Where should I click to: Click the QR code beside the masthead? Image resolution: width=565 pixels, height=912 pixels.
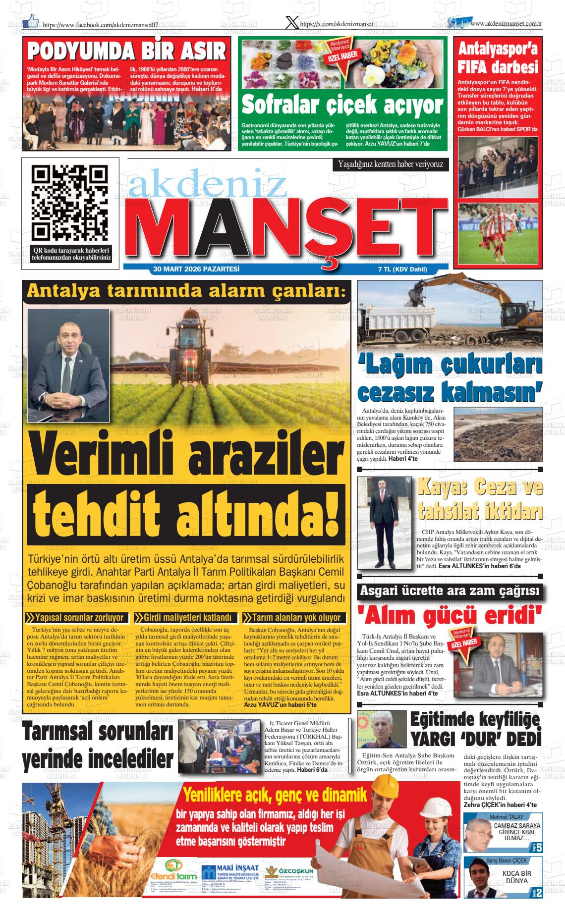(70, 203)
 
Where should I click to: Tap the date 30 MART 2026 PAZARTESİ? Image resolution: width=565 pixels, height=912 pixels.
(197, 269)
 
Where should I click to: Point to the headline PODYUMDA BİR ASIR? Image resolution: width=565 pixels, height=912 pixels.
(127, 52)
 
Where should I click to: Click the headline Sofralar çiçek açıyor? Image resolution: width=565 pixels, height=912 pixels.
(342, 105)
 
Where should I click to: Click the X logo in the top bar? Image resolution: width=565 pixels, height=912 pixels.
(293, 23)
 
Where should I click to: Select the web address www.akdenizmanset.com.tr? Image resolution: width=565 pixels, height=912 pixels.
(506, 23)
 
